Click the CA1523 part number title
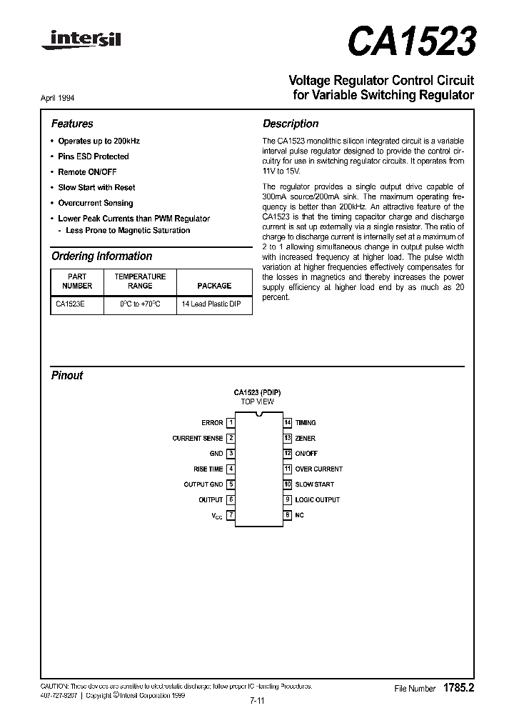point(410,42)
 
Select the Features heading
point(72,124)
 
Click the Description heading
point(291,124)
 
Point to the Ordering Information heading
point(101,256)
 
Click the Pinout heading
point(67,375)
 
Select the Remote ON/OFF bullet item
point(87,172)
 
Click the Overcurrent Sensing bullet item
point(95,203)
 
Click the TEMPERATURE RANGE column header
point(140,281)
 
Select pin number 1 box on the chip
point(231,423)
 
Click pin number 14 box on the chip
point(288,423)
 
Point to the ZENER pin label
point(305,439)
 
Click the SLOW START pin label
point(314,484)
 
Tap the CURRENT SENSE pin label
point(198,439)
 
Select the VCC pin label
point(217,516)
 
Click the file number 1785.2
point(459,688)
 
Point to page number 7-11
point(257,701)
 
